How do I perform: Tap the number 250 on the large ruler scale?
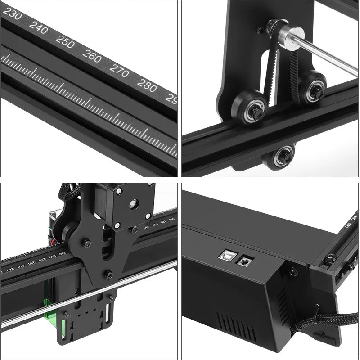[65, 42]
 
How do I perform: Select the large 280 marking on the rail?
[147, 85]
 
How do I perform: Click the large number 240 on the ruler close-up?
[38, 27]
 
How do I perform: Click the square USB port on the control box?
[225, 255]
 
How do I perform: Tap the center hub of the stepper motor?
[134, 203]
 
